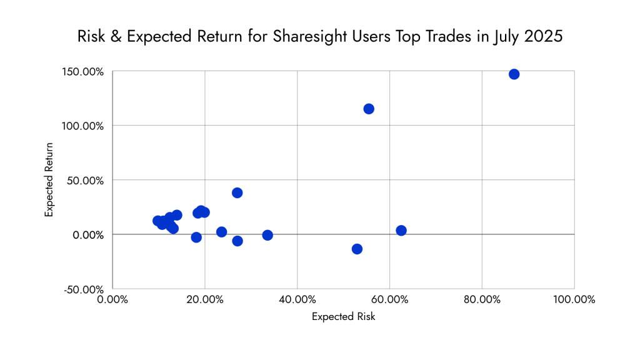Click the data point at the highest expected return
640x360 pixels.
514,74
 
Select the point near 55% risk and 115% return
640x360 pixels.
369,109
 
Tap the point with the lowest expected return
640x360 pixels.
357,249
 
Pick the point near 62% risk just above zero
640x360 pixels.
401,231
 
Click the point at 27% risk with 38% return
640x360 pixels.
237,192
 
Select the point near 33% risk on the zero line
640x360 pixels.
267,235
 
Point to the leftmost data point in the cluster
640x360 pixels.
157,221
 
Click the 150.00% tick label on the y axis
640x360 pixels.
84,71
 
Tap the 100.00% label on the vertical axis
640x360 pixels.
84,126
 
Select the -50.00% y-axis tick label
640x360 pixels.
84,289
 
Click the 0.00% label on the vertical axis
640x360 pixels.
87,235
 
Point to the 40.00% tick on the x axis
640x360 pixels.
297,299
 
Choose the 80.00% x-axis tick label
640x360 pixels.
482,299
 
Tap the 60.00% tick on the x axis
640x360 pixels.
389,299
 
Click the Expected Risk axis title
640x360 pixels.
343,317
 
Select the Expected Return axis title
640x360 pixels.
49,180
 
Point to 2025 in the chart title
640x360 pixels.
542,36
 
